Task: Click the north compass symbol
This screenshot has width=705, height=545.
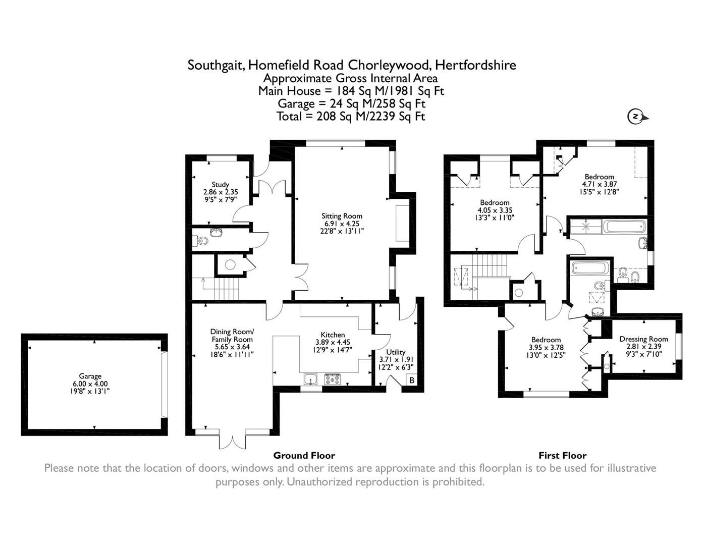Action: coord(636,117)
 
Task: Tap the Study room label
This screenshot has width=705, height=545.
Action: coord(221,185)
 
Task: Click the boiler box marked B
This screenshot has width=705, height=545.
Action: coord(412,380)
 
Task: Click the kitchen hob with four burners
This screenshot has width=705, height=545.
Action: coord(332,378)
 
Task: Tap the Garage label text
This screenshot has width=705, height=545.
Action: coord(90,376)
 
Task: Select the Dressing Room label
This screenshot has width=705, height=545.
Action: coord(643,339)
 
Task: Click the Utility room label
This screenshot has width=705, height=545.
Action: coord(396,352)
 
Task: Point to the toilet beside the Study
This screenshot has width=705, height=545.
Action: coord(202,241)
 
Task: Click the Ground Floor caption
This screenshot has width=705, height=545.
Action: coord(304,455)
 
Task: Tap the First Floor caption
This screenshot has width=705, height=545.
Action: coord(562,455)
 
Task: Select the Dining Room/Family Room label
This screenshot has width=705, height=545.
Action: coord(232,336)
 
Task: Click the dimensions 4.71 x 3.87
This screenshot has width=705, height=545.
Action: coord(600,184)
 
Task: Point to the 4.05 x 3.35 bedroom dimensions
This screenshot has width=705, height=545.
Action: coord(495,210)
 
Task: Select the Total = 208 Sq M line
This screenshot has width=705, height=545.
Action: coord(351,116)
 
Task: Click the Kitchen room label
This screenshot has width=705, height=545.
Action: coord(333,335)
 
